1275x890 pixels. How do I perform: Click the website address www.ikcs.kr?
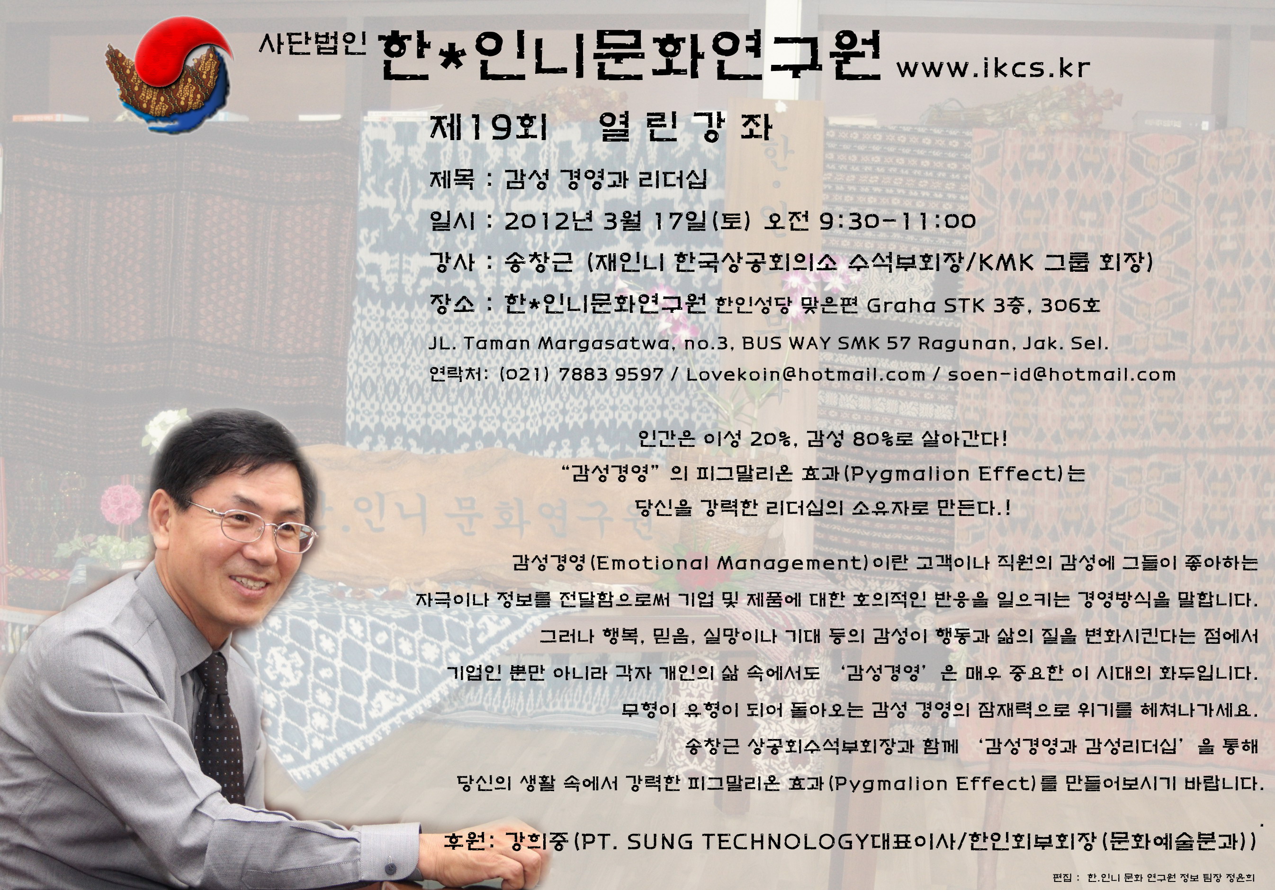point(993,68)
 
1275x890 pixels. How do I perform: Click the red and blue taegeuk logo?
point(170,75)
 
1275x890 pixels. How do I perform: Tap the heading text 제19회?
point(489,127)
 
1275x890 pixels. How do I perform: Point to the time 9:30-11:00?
point(898,221)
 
